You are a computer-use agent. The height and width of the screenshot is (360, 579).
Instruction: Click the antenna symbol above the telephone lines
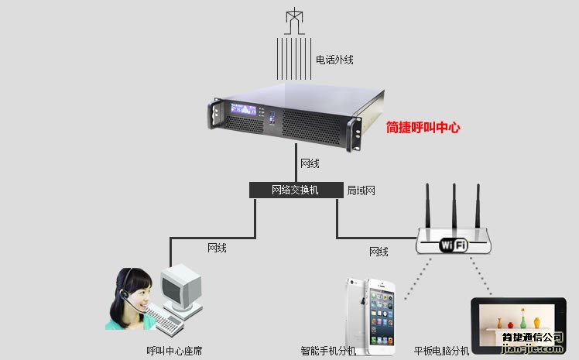click(293, 20)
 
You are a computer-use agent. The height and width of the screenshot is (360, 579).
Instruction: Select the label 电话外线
click(334, 59)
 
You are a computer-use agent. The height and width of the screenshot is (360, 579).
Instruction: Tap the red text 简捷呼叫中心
click(423, 128)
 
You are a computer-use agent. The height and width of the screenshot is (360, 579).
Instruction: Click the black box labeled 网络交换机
click(295, 190)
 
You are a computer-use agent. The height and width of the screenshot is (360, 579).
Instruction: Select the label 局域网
click(361, 190)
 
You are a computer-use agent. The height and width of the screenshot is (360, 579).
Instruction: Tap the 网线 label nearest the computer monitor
click(217, 248)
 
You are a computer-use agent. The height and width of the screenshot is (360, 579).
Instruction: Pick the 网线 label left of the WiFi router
click(379, 252)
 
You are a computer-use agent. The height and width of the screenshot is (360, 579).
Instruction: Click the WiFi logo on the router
click(454, 245)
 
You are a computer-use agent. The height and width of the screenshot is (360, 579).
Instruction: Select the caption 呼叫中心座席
click(174, 351)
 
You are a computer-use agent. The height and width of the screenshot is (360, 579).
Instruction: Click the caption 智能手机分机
click(328, 351)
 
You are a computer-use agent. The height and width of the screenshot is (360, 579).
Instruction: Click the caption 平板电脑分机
click(441, 351)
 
